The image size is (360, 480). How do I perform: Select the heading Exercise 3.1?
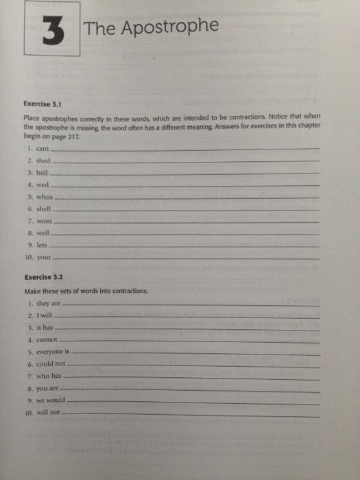pyautogui.click(x=43, y=105)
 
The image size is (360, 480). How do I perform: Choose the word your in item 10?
pyautogui.click(x=45, y=259)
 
